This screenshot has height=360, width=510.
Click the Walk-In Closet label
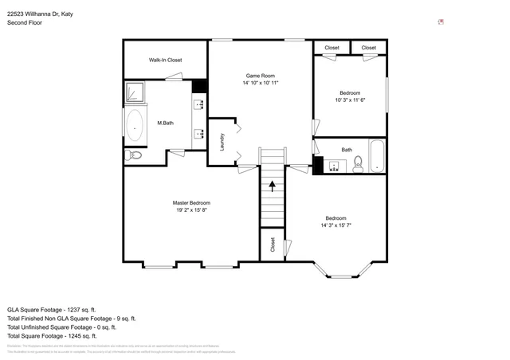point(165,60)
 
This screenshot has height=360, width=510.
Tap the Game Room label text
point(260,74)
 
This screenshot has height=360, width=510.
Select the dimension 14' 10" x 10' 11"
point(260,83)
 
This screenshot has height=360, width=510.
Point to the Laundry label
point(222,142)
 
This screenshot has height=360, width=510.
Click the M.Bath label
point(166,123)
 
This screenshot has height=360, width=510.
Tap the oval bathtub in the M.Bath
point(134,124)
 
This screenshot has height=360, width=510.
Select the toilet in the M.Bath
point(133,155)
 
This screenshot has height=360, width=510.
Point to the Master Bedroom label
point(191,202)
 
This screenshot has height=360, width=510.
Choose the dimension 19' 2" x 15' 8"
point(191,210)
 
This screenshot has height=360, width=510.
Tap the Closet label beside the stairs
point(273,244)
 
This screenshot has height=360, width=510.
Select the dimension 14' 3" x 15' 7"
point(335,226)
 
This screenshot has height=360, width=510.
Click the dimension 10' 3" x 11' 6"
point(349,100)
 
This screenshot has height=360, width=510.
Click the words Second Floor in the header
point(25,23)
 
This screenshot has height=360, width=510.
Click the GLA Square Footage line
point(52,309)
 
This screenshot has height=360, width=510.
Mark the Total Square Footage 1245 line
point(51,335)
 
